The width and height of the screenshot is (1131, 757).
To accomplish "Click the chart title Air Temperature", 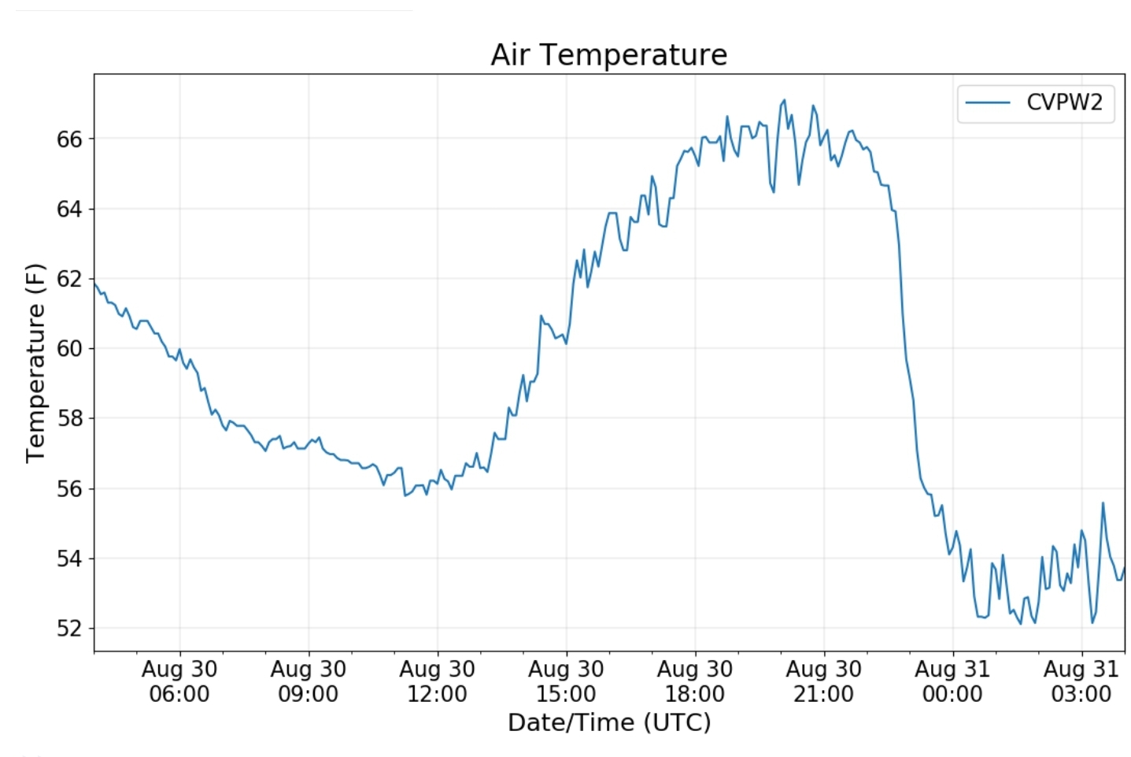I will tap(608, 55).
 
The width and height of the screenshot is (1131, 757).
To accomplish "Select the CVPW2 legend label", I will tap(1064, 102).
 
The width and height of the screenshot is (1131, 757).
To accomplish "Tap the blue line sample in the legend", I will tap(987, 102).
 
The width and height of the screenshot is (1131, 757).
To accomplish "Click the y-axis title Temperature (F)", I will tap(35, 362).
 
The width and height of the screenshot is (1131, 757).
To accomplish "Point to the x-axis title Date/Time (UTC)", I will tap(608, 722).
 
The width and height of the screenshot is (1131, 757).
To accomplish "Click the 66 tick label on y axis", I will tap(69, 139).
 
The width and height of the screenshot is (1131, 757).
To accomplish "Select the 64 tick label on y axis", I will tap(69, 210).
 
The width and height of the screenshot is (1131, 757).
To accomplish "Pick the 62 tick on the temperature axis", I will tap(69, 279).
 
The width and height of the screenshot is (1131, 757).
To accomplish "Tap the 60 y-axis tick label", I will tap(69, 348).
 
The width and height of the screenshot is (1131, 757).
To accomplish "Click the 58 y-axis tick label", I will tap(69, 418).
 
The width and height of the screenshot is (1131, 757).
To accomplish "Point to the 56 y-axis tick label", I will tap(69, 488).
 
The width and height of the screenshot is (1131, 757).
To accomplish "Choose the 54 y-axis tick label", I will tap(69, 558).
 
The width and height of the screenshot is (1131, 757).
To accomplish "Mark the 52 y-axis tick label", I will tap(69, 629).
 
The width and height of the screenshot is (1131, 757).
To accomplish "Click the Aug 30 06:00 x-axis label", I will tap(179, 681).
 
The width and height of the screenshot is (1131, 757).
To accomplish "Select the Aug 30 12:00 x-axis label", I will tap(437, 681).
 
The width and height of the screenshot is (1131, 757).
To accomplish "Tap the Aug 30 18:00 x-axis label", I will tap(694, 681).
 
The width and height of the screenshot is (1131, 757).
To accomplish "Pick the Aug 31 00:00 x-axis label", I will tap(952, 681).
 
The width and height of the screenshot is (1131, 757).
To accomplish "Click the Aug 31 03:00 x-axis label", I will tap(1081, 681).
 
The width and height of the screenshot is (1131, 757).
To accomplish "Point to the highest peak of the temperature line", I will tap(784, 100).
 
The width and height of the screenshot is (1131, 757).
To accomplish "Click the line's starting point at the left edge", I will tap(94, 283).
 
